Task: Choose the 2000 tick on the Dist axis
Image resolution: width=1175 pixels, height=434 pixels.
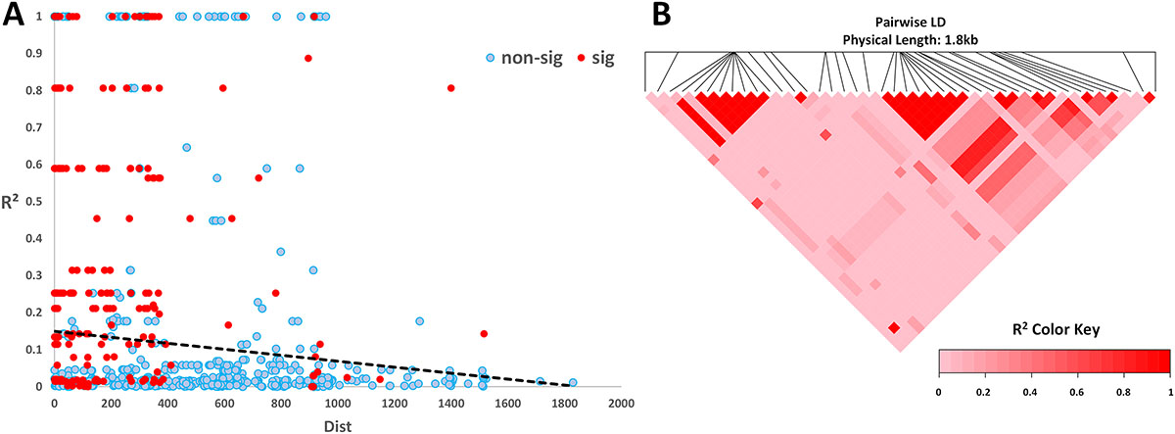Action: pos(619,403)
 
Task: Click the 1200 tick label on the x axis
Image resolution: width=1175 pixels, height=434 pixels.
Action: pos(393,403)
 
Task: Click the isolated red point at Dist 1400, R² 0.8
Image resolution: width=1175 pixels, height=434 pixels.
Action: pos(450,88)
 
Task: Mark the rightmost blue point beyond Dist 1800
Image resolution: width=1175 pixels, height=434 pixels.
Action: pos(573,382)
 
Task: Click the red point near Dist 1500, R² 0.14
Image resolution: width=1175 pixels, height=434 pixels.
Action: pos(484,333)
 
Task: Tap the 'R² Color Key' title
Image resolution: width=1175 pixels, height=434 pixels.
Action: pos(1055,330)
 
